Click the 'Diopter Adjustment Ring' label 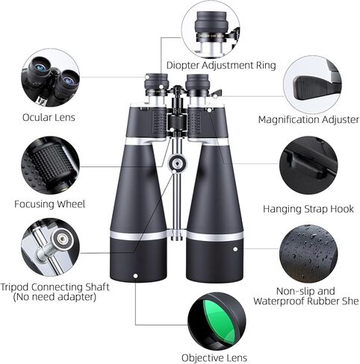point(221,65)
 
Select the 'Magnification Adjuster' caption point(308,119)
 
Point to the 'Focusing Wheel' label point(50,204)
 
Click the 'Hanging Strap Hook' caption point(307,209)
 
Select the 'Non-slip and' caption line point(308,291)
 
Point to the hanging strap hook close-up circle point(308,167)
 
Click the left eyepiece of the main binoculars point(158,86)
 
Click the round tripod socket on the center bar point(177,164)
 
